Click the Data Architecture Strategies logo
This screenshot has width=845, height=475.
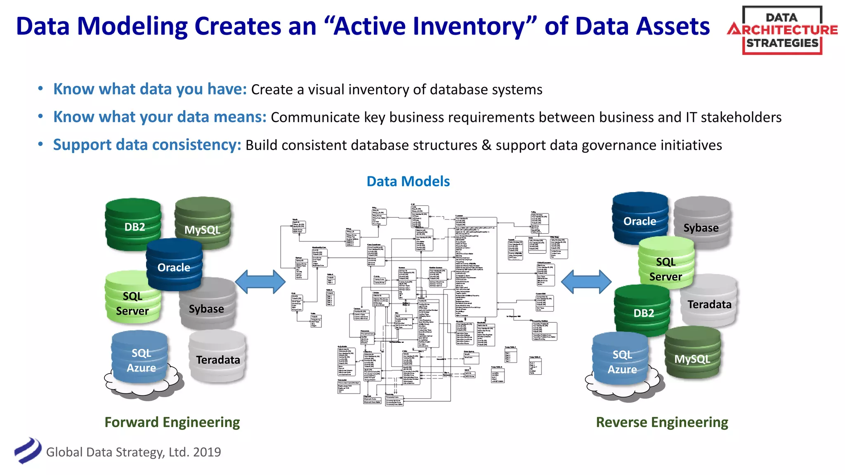pos(782,31)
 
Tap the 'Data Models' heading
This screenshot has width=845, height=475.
pos(408,181)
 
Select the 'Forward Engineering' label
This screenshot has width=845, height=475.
pos(172,422)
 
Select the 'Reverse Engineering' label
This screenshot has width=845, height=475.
pos(662,422)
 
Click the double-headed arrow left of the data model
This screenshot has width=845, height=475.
pos(260,282)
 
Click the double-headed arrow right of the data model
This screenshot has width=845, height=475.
pos(586,282)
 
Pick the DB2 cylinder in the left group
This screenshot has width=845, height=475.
pos(134,226)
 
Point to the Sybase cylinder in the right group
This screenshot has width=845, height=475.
pos(701,225)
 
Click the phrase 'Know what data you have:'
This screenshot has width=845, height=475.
pos(150,89)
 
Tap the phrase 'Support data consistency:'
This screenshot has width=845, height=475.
pos(147,145)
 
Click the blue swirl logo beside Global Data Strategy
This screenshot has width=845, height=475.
pos(28,451)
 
